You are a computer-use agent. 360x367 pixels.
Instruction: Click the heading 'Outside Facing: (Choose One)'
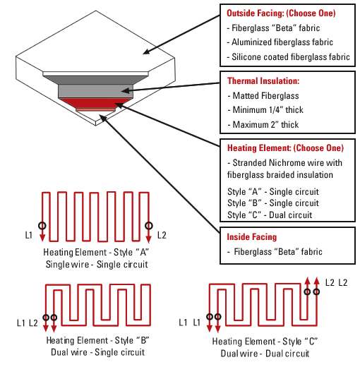point(281,13)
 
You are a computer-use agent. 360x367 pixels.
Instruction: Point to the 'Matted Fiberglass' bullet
point(264,95)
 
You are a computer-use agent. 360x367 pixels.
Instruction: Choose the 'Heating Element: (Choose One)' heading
point(284,148)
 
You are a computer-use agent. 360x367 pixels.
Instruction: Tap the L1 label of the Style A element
point(30,235)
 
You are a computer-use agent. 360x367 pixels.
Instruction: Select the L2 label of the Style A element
point(162,235)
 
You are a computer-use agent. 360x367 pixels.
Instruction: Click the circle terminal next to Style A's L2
point(148,226)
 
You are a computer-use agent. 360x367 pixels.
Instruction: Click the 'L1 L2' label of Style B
point(27,323)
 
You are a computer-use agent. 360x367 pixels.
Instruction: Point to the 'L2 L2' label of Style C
point(336,282)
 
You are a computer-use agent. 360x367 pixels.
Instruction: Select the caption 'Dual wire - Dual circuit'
point(265,353)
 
